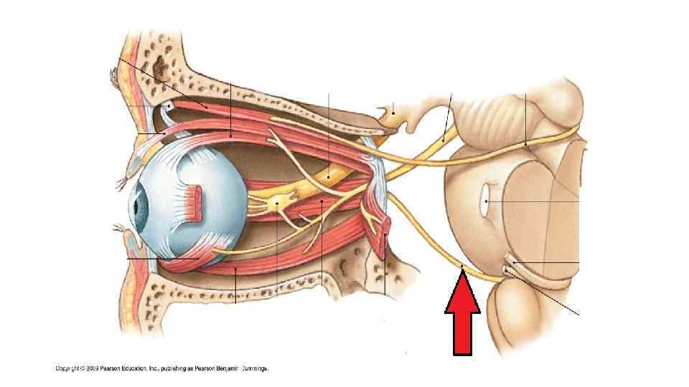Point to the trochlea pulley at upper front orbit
pyautogui.click(x=168, y=107)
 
